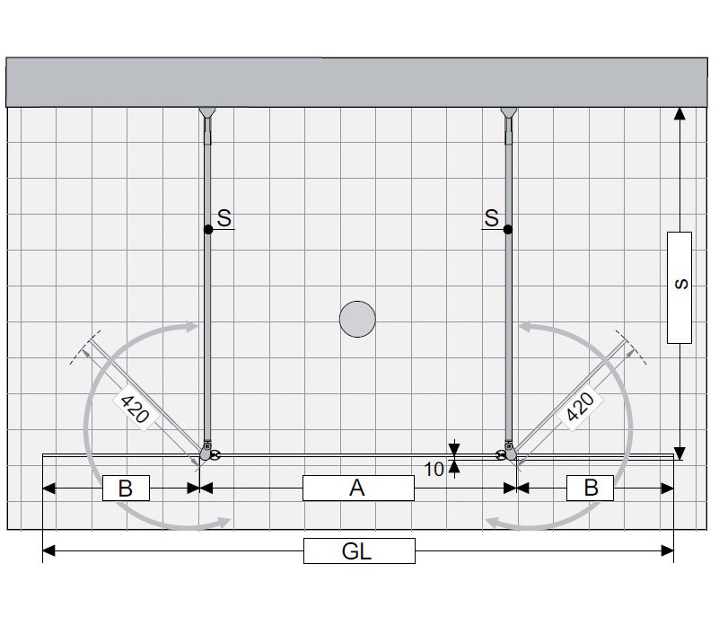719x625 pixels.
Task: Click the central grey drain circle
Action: [x=357, y=319]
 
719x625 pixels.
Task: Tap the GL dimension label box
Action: [x=359, y=550]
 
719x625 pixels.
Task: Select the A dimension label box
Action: [x=358, y=488]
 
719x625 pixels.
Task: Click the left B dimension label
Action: [x=126, y=488]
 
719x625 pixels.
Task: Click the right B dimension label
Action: [x=590, y=488]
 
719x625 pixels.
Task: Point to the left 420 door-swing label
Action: [x=135, y=409]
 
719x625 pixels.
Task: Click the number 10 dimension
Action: [x=434, y=469]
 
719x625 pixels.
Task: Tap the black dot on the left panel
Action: [x=208, y=230]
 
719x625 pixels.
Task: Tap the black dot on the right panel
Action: [x=508, y=230]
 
